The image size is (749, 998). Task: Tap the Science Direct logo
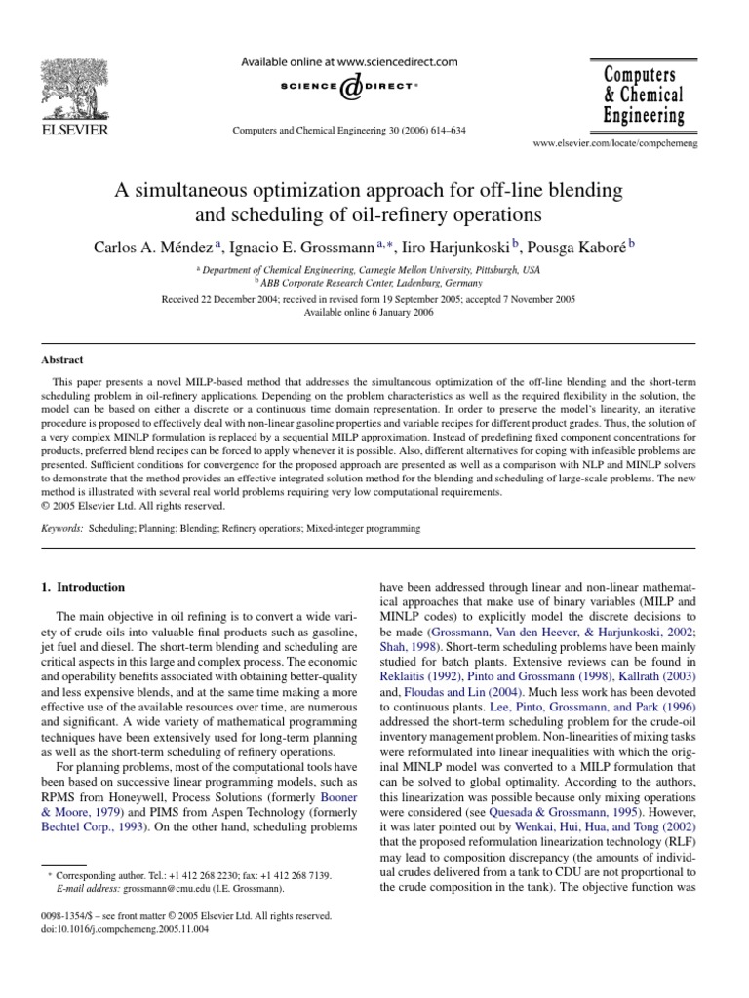tap(348, 88)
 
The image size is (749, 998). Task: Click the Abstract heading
tap(60, 359)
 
